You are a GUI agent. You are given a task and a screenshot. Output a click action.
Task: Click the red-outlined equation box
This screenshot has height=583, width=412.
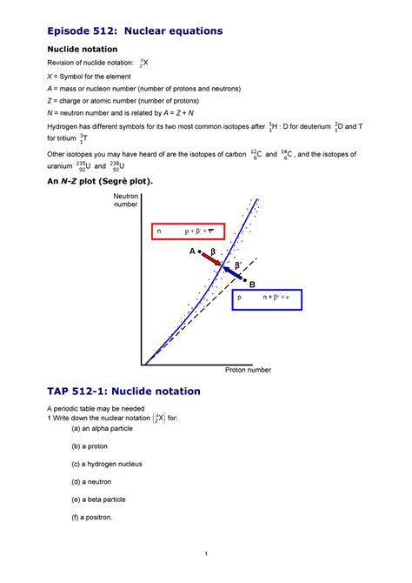(188, 231)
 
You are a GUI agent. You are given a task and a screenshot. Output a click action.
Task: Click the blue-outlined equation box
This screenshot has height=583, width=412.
(265, 305)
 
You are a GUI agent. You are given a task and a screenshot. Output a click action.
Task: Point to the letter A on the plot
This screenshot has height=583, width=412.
(192, 252)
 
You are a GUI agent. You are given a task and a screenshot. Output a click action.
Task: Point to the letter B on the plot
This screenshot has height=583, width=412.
(253, 285)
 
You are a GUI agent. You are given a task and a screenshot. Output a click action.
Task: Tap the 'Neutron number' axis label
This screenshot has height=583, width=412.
(126, 202)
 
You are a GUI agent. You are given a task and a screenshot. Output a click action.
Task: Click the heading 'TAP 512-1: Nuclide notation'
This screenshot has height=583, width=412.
(123, 392)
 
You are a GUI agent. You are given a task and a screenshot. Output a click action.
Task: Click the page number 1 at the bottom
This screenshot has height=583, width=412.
(205, 555)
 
